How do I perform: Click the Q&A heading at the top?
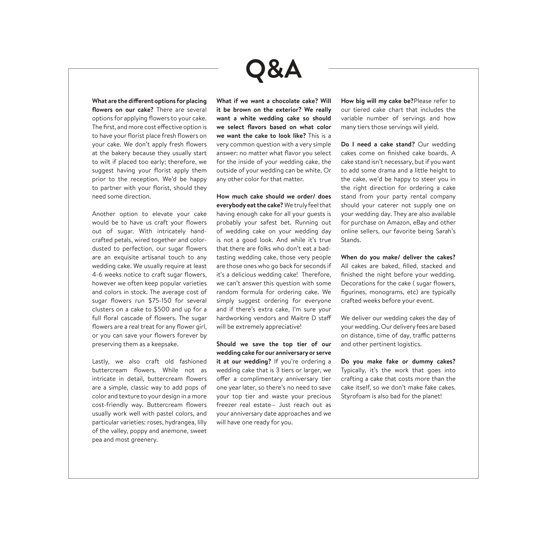pyautogui.click(x=273, y=69)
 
